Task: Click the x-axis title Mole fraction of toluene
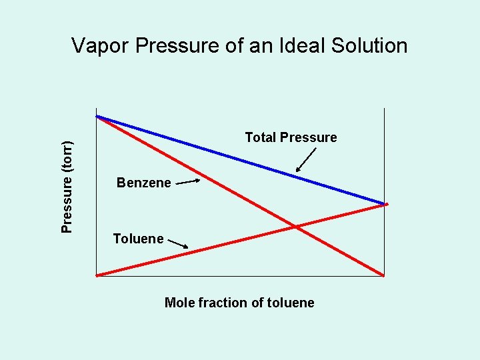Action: tap(239, 303)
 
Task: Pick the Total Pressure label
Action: tap(291, 137)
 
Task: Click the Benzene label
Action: tap(143, 183)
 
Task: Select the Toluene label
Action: tap(138, 239)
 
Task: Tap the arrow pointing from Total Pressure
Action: tap(306, 160)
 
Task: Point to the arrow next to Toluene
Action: tap(177, 245)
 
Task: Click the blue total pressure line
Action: tap(240, 159)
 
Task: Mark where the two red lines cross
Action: tap(295, 227)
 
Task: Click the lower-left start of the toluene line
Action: tap(97, 275)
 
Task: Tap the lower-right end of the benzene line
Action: tap(384, 275)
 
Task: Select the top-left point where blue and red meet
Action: tap(97, 117)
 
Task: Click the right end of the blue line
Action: tap(384, 203)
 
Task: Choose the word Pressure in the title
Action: tap(175, 46)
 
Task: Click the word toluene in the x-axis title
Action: tap(290, 303)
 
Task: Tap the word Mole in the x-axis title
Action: tap(178, 303)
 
